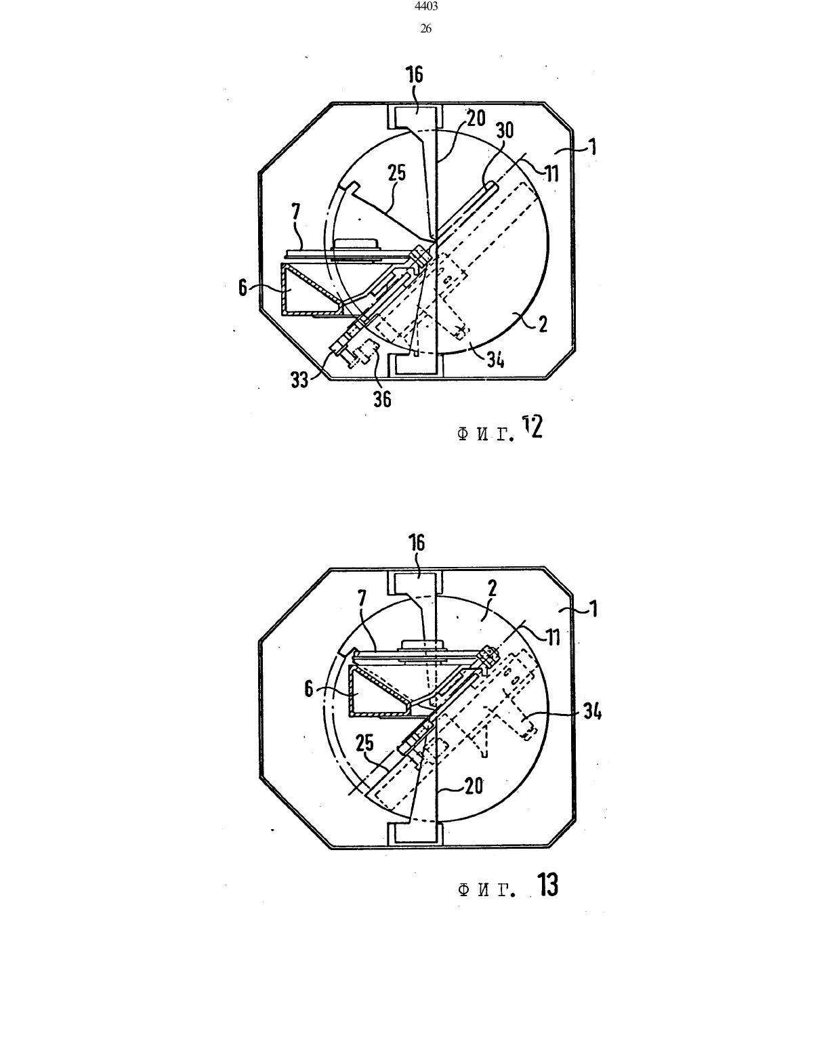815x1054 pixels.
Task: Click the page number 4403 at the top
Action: tap(426, 7)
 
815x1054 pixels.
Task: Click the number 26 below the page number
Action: tap(425, 28)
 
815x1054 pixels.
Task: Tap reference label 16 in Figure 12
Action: tap(415, 75)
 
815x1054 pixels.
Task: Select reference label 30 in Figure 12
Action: tap(505, 130)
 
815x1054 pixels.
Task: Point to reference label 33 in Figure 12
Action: tap(300, 380)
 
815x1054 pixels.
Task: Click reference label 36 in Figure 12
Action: tap(382, 399)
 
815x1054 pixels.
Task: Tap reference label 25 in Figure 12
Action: tap(396, 173)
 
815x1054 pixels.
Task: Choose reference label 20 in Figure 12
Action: tap(476, 118)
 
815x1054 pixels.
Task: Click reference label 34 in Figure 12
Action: tap(495, 360)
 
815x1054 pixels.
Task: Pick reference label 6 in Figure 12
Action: tap(243, 288)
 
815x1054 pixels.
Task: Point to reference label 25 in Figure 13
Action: tap(364, 743)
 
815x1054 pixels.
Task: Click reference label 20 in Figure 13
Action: tap(474, 785)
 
